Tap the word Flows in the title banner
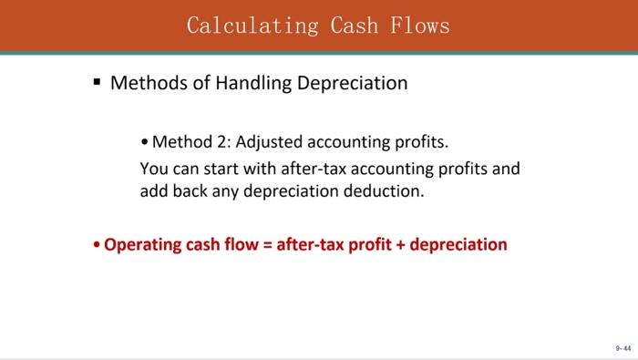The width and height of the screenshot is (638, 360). (420, 25)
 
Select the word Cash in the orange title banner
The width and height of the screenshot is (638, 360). (348, 25)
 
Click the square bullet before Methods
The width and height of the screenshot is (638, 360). (96, 82)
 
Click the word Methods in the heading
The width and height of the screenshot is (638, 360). (147, 83)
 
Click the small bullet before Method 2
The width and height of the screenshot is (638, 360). (145, 142)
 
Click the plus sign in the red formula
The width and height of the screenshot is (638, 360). (399, 244)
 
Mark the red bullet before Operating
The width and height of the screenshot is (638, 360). (97, 245)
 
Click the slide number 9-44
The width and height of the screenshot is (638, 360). (623, 347)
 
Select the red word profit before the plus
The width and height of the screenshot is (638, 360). (368, 244)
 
